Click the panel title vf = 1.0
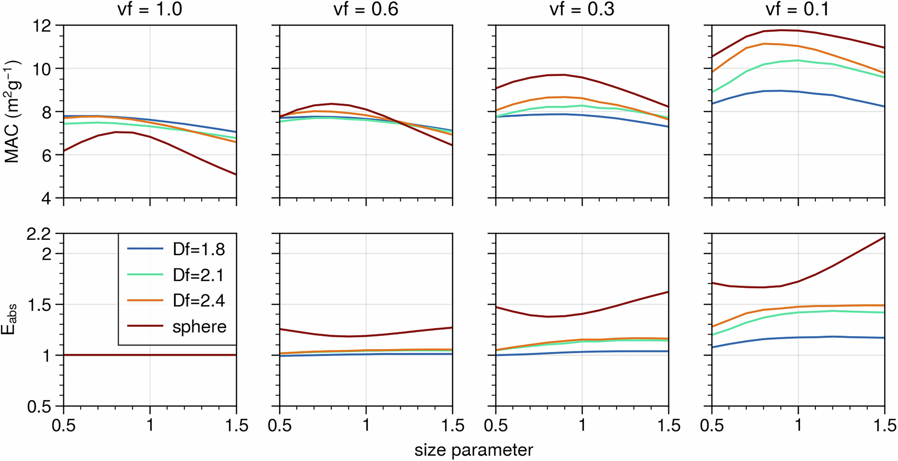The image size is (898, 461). pyautogui.click(x=150, y=9)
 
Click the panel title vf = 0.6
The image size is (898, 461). pyautogui.click(x=366, y=9)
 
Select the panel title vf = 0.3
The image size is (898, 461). pyautogui.click(x=582, y=9)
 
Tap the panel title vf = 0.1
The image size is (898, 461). pyautogui.click(x=797, y=9)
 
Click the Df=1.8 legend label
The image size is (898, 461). pyautogui.click(x=199, y=249)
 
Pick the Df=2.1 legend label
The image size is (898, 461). pyautogui.click(x=198, y=275)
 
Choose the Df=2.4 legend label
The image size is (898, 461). pyautogui.click(x=199, y=300)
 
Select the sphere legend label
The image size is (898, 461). pyautogui.click(x=199, y=326)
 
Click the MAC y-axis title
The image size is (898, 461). pyautogui.click(x=12, y=111)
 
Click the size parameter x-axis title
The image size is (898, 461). pyautogui.click(x=474, y=450)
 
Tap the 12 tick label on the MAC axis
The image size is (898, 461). pyautogui.click(x=43, y=26)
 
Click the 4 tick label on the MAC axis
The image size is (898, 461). pyautogui.click(x=47, y=198)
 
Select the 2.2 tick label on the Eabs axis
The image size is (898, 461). pyautogui.click(x=39, y=234)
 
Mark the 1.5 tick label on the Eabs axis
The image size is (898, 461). pyautogui.click(x=39, y=305)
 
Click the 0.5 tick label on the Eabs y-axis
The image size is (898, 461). pyautogui.click(x=39, y=407)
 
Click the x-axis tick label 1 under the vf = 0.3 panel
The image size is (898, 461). pyautogui.click(x=582, y=425)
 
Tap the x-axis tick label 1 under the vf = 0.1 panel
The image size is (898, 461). pyautogui.click(x=798, y=425)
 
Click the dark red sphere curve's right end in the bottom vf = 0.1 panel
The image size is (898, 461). pyautogui.click(x=884, y=237)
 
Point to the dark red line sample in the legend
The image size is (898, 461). pyautogui.click(x=145, y=326)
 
